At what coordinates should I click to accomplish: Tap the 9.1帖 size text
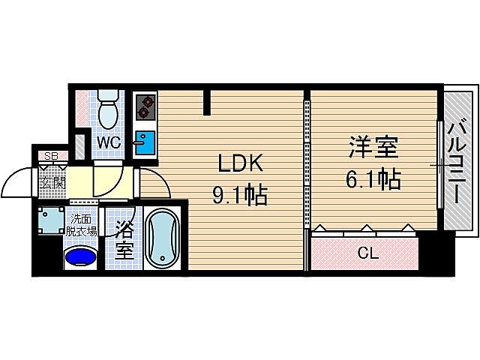pyautogui.click(x=240, y=196)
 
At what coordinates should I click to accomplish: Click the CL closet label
pyautogui.click(x=367, y=253)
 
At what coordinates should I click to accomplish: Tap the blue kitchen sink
pyautogui.click(x=145, y=140)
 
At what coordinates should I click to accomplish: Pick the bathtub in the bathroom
pyautogui.click(x=163, y=238)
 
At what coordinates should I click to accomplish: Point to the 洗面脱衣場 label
pyautogui.click(x=82, y=225)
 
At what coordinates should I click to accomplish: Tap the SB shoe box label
pyautogui.click(x=52, y=157)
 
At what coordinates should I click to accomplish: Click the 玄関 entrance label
pyautogui.click(x=52, y=181)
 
